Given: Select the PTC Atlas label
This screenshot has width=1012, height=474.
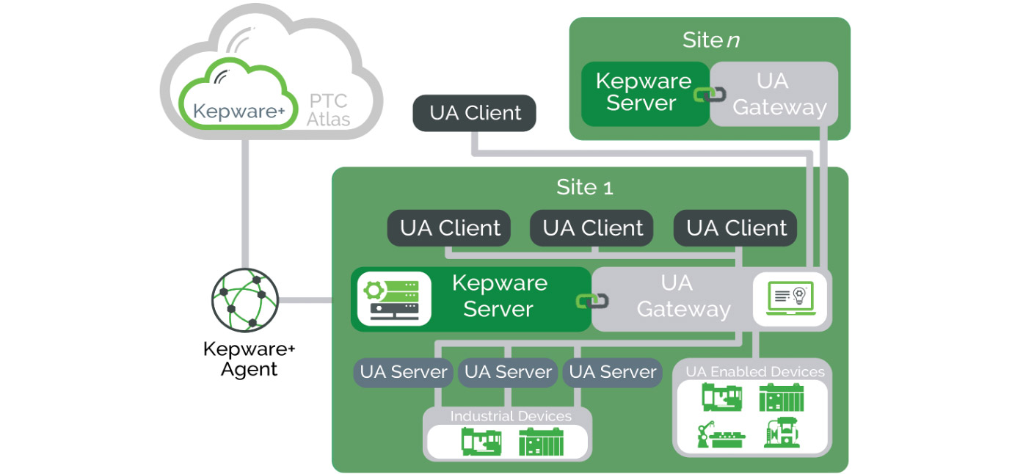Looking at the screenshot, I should (x=327, y=109).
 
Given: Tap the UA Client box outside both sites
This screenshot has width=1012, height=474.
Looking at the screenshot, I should (x=475, y=113).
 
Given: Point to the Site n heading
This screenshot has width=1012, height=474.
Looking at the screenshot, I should (x=710, y=40).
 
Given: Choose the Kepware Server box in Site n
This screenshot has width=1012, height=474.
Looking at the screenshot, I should (x=643, y=92).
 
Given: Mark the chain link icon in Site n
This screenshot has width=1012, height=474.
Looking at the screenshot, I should (x=710, y=94).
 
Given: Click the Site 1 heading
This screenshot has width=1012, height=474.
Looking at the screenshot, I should (x=584, y=187).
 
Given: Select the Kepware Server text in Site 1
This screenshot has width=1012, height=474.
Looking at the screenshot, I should (x=499, y=296).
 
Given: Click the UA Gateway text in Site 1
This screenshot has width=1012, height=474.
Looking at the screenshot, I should (x=683, y=296).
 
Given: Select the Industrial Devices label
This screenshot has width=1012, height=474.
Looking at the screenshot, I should (x=510, y=416).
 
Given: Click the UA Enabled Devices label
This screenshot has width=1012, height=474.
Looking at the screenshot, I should (x=754, y=371).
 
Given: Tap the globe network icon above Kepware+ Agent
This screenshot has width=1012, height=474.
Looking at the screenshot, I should (x=245, y=301).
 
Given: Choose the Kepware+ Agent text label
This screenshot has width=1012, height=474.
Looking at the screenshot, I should (x=249, y=359).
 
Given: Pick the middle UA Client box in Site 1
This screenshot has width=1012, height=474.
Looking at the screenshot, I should (x=593, y=228).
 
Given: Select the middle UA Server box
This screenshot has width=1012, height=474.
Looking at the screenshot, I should (x=508, y=372).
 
